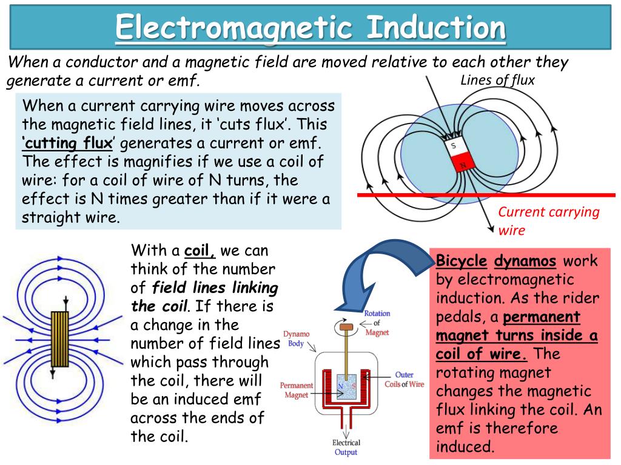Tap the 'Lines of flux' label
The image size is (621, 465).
(497, 80)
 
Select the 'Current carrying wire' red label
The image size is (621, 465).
(548, 220)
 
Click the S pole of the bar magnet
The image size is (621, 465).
(453, 146)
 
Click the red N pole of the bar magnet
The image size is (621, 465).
(462, 163)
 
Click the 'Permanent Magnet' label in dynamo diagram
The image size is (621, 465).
(297, 390)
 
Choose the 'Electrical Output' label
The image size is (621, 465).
(346, 447)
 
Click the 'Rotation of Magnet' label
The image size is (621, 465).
(377, 323)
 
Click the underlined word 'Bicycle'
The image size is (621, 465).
(462, 262)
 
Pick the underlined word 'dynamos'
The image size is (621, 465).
(525, 262)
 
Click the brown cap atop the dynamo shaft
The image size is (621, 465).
(346, 328)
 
